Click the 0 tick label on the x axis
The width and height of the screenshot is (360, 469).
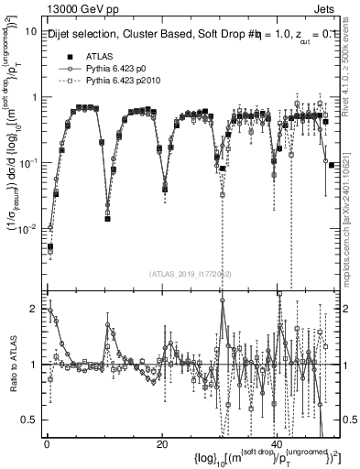point(47,444)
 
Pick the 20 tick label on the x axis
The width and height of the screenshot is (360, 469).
point(161,444)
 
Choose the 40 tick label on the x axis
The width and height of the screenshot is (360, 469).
point(276,444)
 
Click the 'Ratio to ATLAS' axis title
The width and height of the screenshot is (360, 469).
point(12,364)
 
